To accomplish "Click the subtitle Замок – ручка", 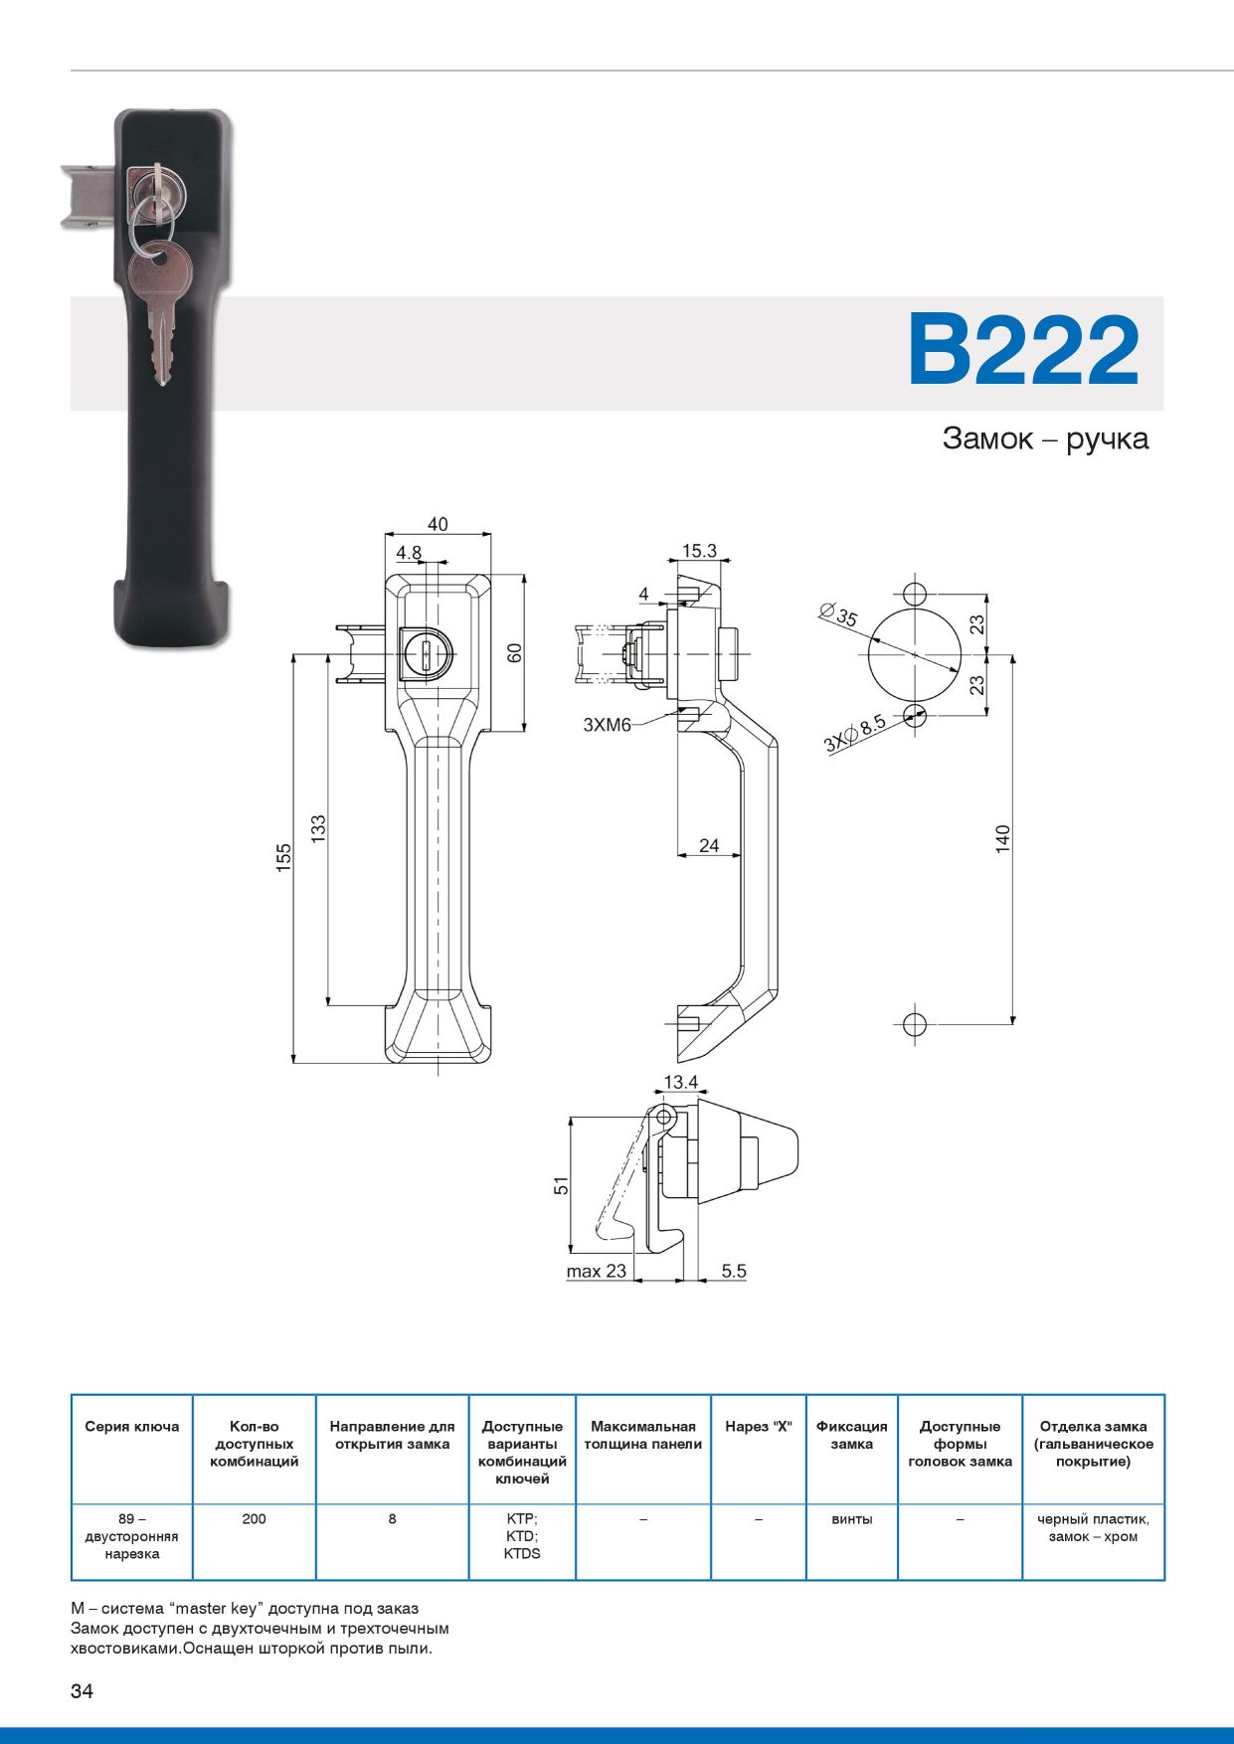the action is pos(1045,438).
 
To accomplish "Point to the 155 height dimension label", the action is pos(283,858).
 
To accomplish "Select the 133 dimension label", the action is pos(318,829).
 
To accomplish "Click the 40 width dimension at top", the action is pos(438,524).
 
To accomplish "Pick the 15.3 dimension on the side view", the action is pos(699,551).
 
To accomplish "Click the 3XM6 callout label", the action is pos(607,725).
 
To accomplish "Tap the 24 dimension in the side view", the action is pos(709,845).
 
